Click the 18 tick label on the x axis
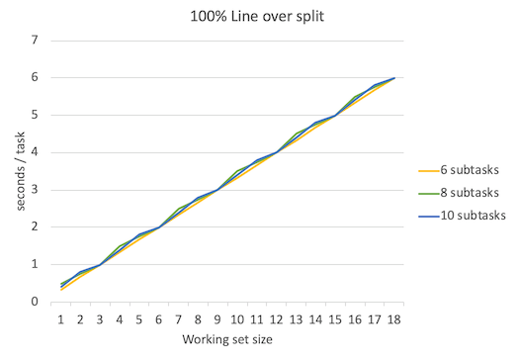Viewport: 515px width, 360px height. (394, 318)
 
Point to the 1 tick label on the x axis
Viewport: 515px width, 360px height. (61, 318)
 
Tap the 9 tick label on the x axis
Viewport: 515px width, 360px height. (217, 318)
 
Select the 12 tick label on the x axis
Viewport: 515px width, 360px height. (277, 318)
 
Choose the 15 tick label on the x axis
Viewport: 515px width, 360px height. (335, 318)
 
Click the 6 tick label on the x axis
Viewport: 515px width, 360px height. (159, 318)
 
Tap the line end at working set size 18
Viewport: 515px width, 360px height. (394, 78)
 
